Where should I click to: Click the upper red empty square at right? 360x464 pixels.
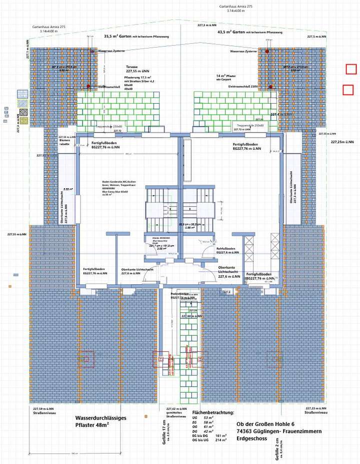coord(351,69)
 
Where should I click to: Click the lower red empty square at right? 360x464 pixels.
coord(348,90)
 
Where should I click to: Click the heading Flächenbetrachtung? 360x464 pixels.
coord(213,412)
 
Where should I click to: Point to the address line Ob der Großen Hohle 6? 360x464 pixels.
coord(265,424)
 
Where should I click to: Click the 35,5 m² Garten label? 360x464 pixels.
coord(118,37)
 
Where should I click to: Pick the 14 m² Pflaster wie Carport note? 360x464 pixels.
coord(226,78)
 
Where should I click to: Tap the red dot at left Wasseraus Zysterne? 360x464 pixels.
coord(92,51)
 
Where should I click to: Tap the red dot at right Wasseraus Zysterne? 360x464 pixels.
coord(267,51)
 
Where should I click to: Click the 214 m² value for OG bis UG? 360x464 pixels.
coord(220,440)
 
